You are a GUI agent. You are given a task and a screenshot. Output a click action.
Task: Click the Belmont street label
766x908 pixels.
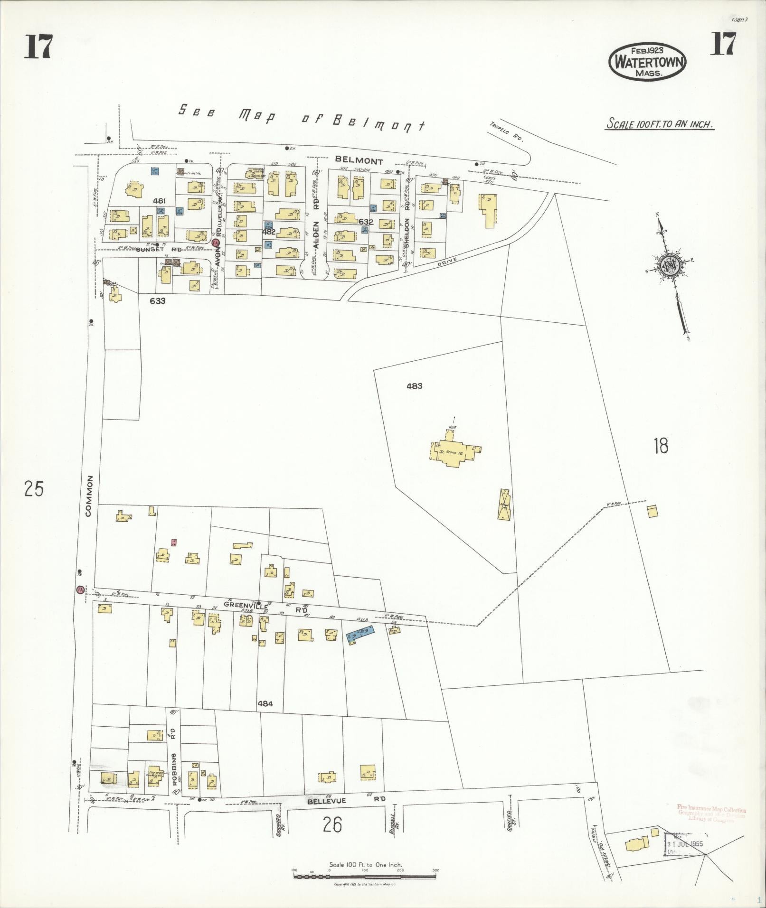pyautogui.click(x=359, y=161)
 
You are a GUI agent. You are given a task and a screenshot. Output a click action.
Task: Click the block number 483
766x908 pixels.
pyautogui.click(x=414, y=386)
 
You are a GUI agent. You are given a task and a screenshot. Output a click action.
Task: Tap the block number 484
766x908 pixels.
pyautogui.click(x=265, y=703)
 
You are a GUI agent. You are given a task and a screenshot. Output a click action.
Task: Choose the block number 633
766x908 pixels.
pyautogui.click(x=157, y=300)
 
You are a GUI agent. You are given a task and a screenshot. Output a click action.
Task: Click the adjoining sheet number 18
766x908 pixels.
pyautogui.click(x=661, y=446)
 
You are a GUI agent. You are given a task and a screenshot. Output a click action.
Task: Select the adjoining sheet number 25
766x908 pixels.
pyautogui.click(x=34, y=488)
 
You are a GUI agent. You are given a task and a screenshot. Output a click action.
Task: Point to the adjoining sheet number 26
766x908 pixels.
pyautogui.click(x=332, y=824)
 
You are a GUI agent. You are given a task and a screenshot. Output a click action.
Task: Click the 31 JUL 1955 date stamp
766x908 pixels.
pyautogui.click(x=685, y=844)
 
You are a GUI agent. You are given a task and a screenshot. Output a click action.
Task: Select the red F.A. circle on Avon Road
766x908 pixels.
pyautogui.click(x=215, y=243)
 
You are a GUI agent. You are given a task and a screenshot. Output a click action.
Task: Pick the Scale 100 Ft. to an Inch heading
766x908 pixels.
pyautogui.click(x=660, y=124)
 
